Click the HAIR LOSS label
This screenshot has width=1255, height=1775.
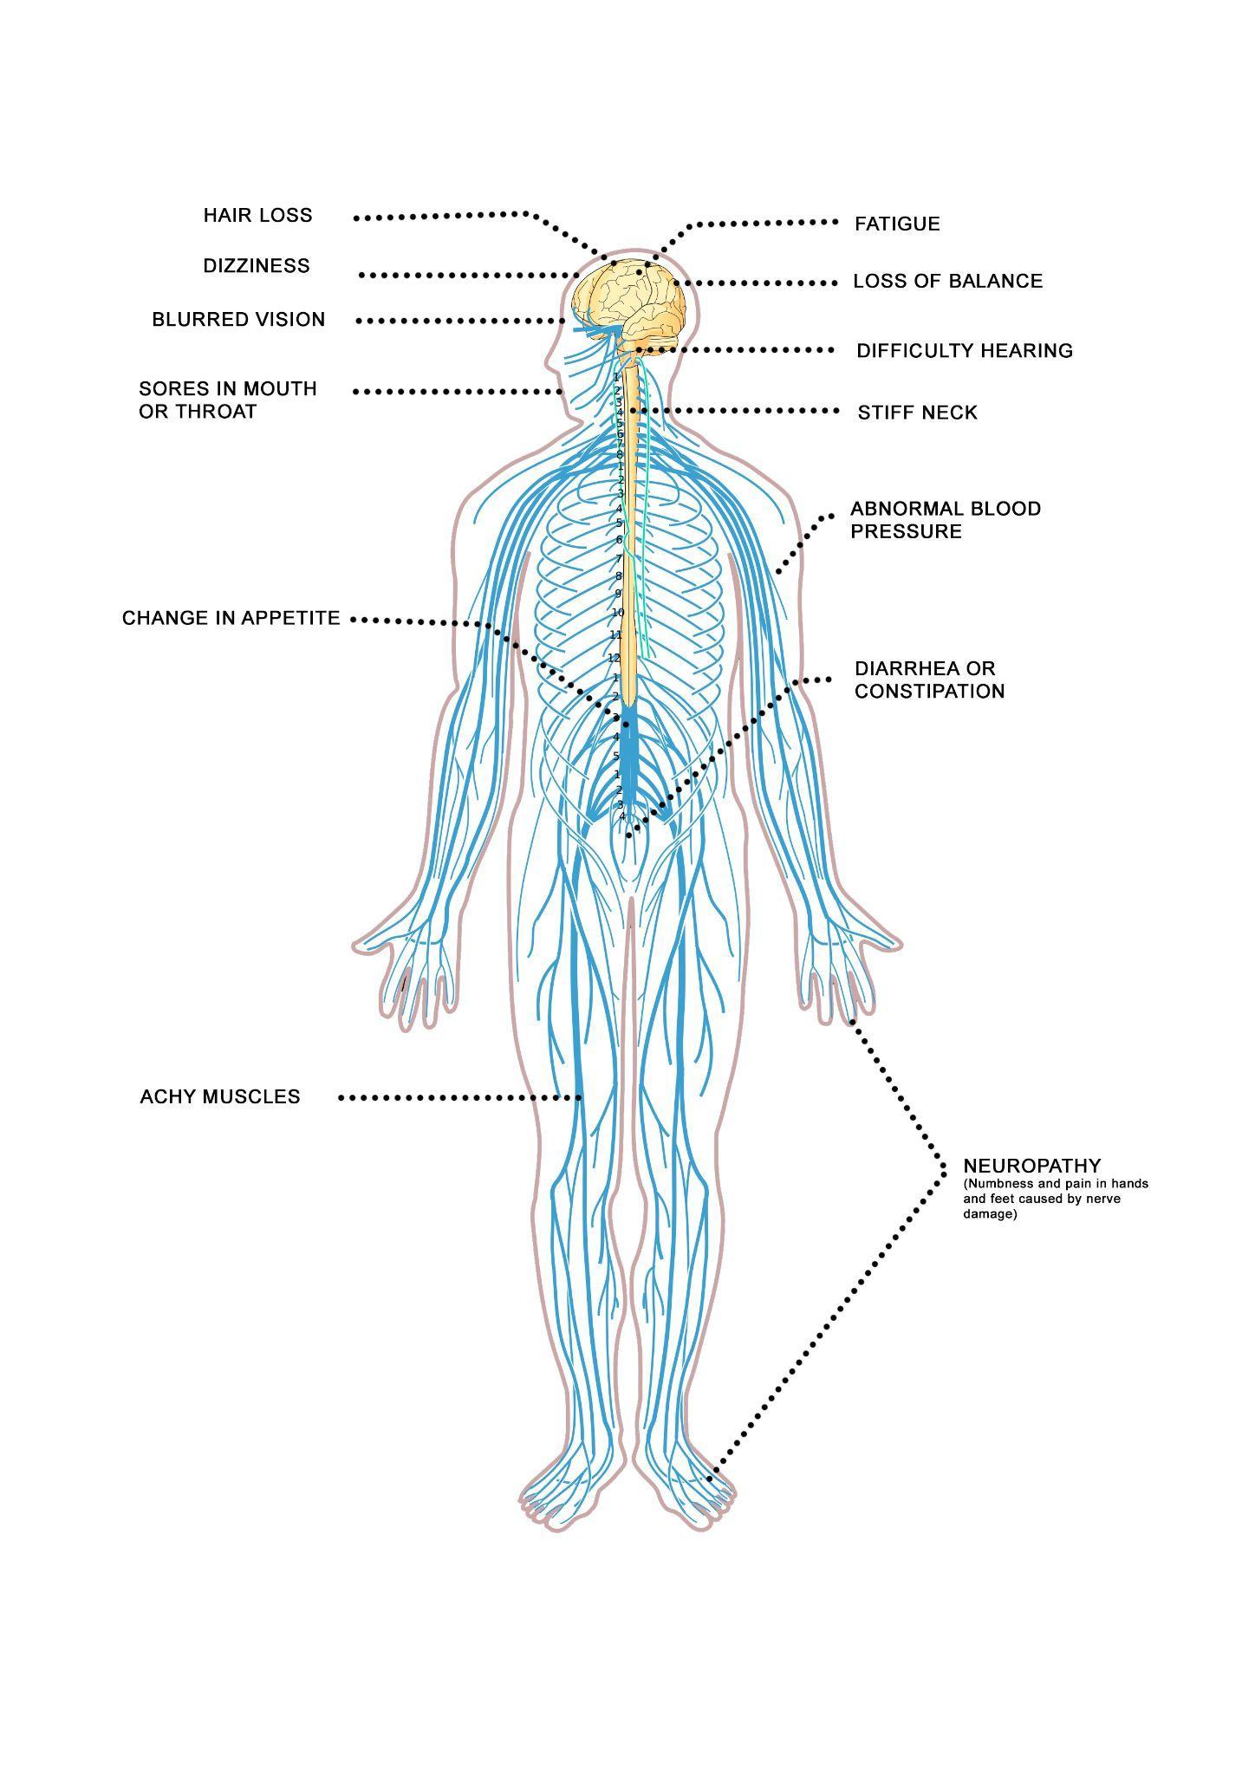(x=257, y=216)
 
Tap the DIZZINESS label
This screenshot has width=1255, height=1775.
(x=256, y=266)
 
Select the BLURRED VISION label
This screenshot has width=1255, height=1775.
(x=238, y=320)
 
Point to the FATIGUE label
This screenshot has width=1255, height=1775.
(x=896, y=224)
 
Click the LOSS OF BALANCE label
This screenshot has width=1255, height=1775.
(x=947, y=282)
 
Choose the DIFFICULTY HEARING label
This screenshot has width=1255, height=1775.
(x=964, y=351)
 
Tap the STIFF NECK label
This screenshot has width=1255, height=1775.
(x=917, y=413)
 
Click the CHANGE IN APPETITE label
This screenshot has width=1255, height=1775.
(x=231, y=619)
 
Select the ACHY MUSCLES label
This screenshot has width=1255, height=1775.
(x=220, y=1097)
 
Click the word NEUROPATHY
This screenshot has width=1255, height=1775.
(x=1031, y=1167)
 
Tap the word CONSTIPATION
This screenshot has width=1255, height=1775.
(x=929, y=692)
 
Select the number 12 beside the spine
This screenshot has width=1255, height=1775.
(x=614, y=659)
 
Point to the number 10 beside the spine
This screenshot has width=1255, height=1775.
(x=618, y=613)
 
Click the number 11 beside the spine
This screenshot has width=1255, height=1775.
(x=616, y=635)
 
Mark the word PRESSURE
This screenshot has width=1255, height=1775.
(x=906, y=531)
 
